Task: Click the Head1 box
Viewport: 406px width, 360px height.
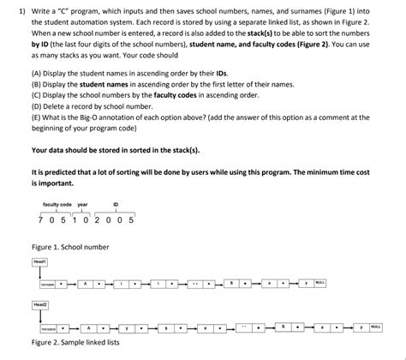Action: click(x=40, y=261)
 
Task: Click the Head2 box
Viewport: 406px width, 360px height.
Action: click(x=40, y=304)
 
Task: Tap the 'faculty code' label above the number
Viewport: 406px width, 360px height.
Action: click(x=57, y=204)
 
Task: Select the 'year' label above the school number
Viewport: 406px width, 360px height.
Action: click(x=82, y=204)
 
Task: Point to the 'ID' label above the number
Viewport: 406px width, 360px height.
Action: click(x=116, y=204)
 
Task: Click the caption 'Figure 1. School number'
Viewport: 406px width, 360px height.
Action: click(x=69, y=246)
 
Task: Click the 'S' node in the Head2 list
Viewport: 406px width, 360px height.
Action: click(x=284, y=327)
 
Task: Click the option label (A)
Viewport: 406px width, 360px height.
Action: click(x=37, y=75)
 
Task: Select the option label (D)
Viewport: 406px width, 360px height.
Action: click(x=37, y=107)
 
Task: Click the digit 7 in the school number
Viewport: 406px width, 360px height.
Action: click(x=41, y=219)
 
